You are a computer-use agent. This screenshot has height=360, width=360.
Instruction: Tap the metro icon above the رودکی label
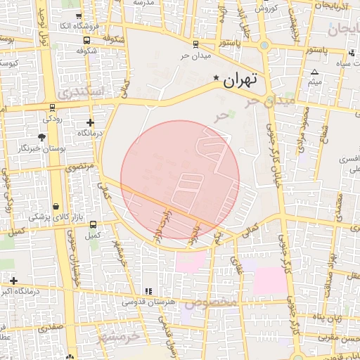click(53, 108)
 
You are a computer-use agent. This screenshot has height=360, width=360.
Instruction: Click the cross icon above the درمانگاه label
click(90, 122)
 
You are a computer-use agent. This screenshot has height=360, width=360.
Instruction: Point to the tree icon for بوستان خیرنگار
click(43, 137)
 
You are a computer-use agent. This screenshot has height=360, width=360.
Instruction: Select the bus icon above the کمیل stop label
click(93, 224)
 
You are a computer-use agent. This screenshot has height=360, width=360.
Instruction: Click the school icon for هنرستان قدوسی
click(148, 291)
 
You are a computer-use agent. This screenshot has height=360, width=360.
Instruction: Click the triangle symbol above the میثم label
click(314, 72)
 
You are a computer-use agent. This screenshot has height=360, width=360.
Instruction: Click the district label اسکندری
click(82, 92)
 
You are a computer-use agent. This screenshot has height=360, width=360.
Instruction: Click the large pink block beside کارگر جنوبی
click(269, 281)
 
